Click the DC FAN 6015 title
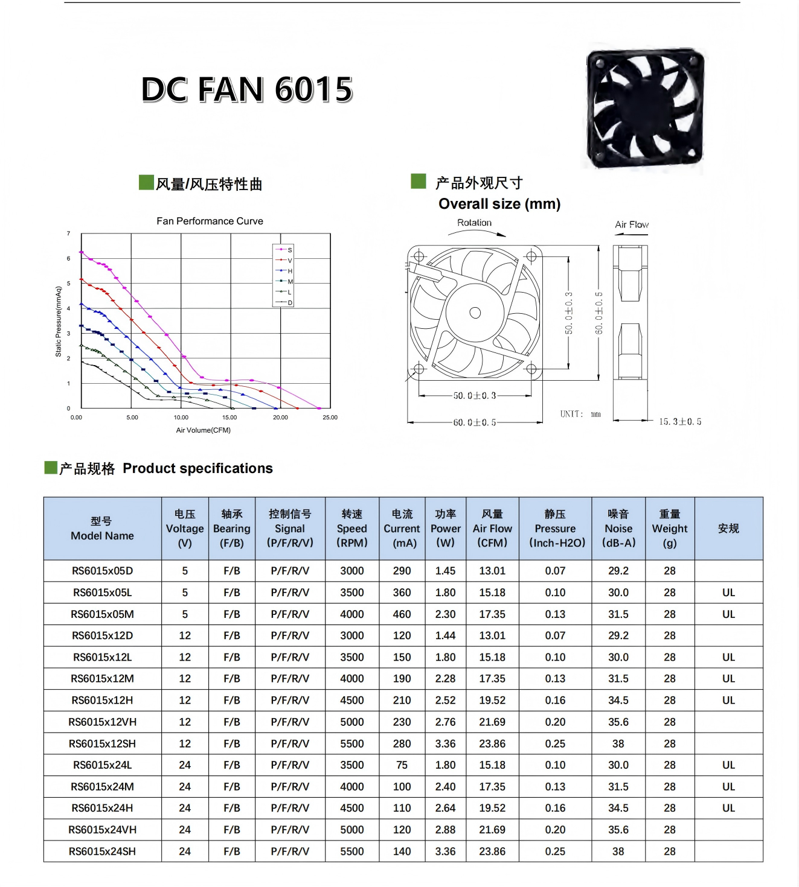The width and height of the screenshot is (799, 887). click(x=246, y=90)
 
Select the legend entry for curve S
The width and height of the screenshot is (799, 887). click(x=283, y=250)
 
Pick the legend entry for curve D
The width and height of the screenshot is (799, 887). click(x=283, y=303)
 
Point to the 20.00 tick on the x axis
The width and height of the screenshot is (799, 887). click(x=280, y=418)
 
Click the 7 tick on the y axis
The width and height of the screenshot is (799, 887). click(x=69, y=234)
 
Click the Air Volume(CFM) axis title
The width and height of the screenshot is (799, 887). click(x=203, y=430)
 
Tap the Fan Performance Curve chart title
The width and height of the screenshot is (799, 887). click(x=210, y=221)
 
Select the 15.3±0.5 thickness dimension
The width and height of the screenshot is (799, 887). click(x=680, y=422)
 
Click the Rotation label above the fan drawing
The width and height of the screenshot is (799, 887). click(x=474, y=223)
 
